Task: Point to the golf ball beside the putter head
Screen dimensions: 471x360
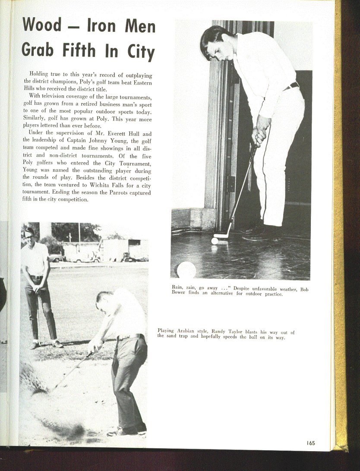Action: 215,241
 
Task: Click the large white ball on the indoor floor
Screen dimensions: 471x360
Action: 186,270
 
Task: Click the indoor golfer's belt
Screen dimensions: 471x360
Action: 292,86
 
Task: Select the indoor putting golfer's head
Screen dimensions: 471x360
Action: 216,43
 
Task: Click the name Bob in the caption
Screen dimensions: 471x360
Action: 304,289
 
